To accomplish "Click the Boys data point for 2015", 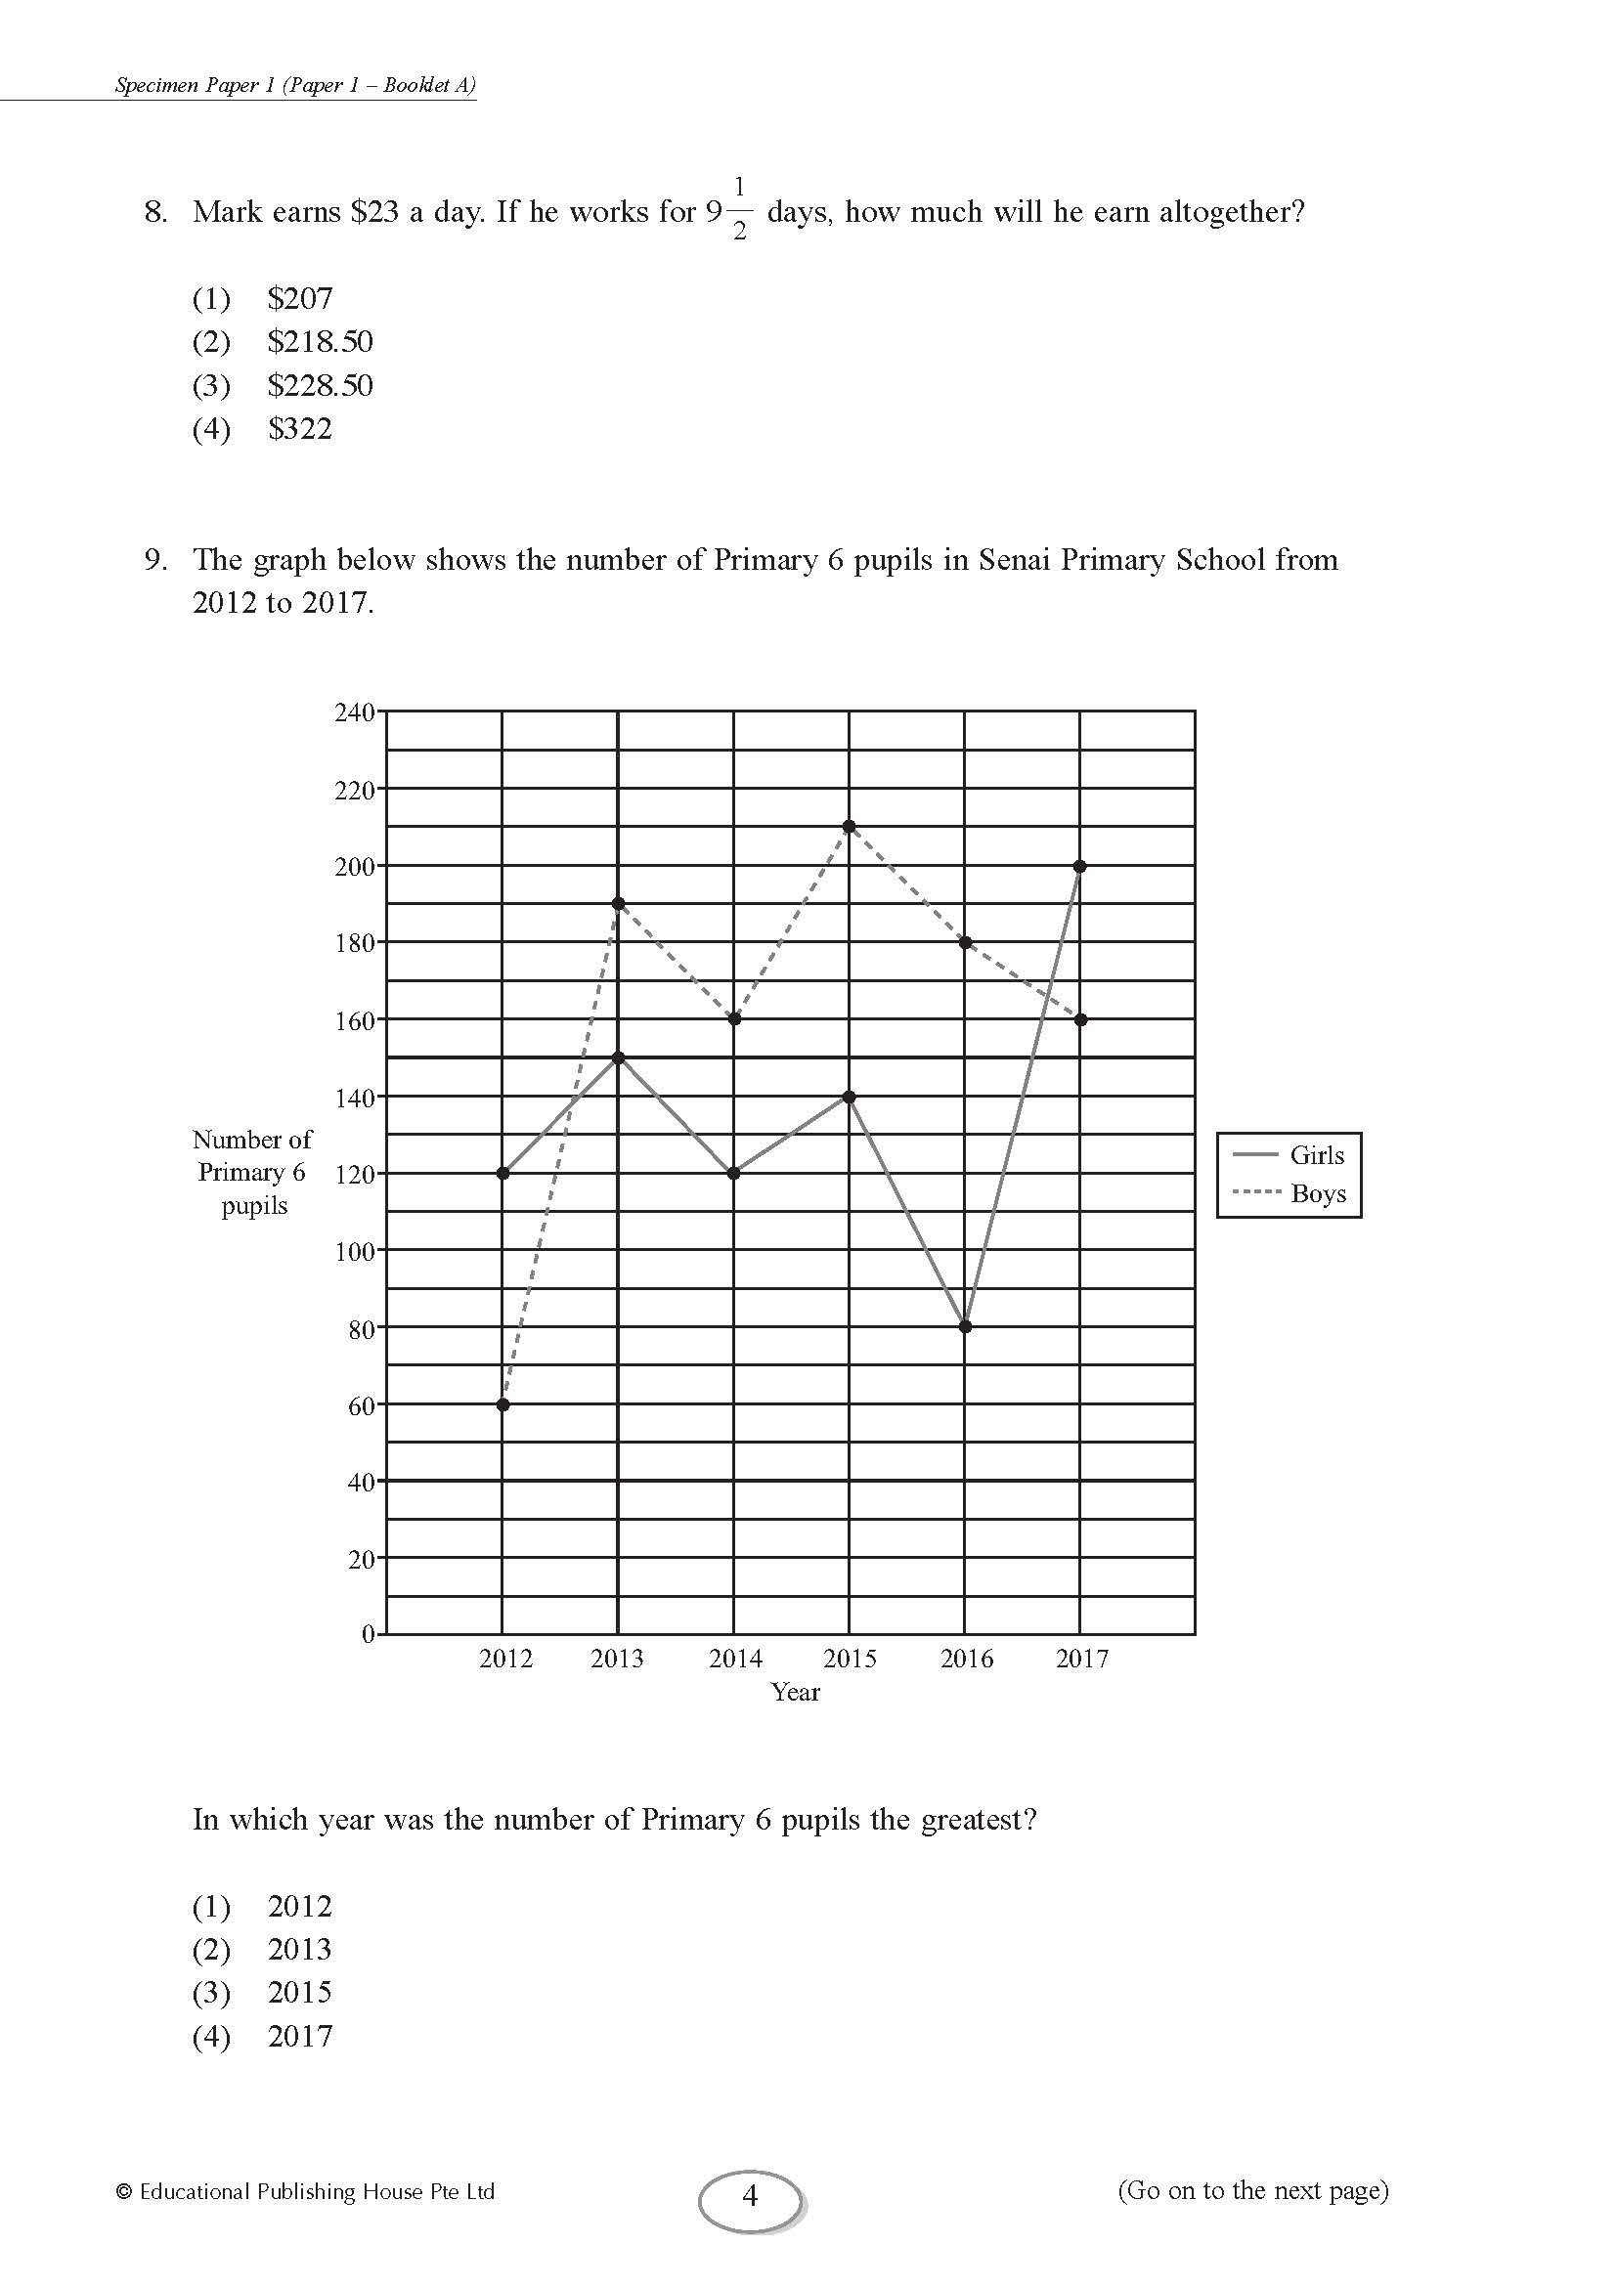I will coord(849,827).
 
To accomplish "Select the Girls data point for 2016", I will coord(965,1326).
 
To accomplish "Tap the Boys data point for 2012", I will coord(503,1404).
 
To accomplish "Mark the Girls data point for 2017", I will coord(1080,866).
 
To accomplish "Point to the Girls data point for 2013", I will coord(618,1057).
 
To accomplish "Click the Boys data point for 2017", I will coord(1080,1019).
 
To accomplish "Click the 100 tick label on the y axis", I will coord(354,1252).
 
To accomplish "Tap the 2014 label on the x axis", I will coord(735,1659).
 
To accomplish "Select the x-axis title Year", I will coord(795,1693).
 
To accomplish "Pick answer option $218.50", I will coord(320,341).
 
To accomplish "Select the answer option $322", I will coord(300,429).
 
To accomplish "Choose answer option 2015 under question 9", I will coord(299,1992).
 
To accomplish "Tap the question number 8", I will coord(155,212).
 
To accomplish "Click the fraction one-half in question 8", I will coord(739,209).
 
